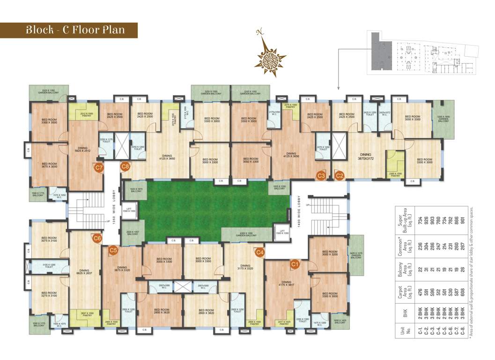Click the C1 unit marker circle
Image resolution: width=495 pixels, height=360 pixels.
tap(295, 264)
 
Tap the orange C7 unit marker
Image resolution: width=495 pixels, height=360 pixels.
tap(99, 167)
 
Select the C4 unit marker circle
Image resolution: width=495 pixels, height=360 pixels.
tap(260, 252)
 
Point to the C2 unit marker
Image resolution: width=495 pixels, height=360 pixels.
tap(340, 176)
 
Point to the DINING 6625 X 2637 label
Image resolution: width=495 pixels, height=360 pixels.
tap(84, 272)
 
